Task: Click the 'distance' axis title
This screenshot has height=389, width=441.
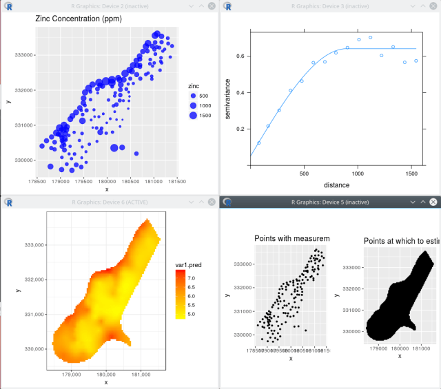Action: (x=332, y=185)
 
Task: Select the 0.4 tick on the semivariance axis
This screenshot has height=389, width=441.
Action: (x=240, y=92)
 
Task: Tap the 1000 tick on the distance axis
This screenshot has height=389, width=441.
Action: (x=357, y=174)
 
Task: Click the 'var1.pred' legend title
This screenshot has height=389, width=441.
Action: (x=187, y=264)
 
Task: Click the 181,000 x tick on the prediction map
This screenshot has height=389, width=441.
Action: (x=141, y=374)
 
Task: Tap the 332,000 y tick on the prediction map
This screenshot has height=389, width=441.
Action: (x=34, y=280)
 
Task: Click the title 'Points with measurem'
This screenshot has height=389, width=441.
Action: (x=292, y=239)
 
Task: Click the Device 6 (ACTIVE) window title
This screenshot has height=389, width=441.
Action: (x=106, y=202)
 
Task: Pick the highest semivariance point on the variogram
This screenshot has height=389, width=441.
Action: (x=371, y=37)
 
